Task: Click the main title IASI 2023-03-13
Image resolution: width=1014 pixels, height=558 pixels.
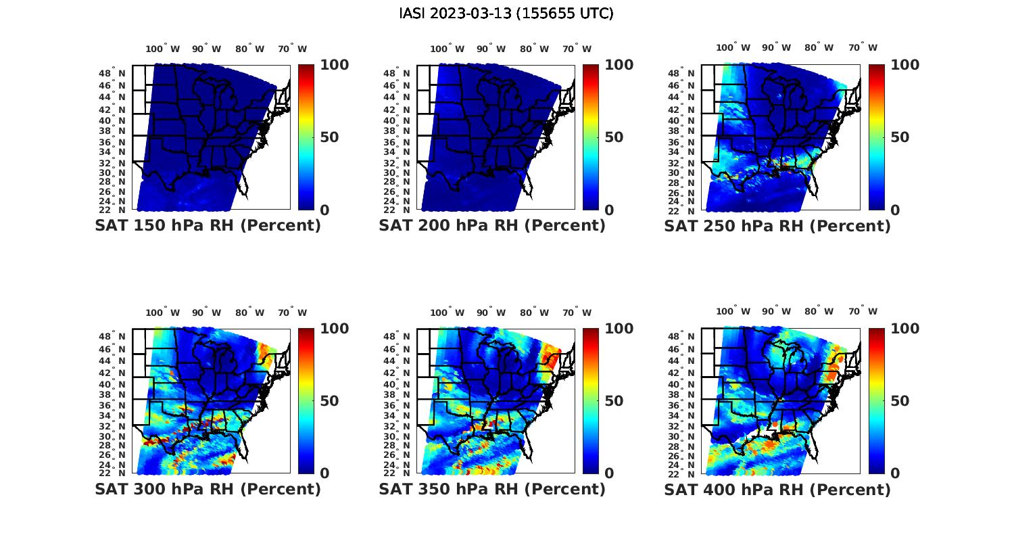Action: click(x=506, y=14)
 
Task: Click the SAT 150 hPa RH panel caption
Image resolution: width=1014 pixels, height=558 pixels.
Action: click(x=208, y=226)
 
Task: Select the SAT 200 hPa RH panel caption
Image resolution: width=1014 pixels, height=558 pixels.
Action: click(x=492, y=226)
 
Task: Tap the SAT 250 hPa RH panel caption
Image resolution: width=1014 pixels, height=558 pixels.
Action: click(x=777, y=226)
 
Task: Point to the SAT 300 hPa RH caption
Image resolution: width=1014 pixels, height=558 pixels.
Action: click(x=208, y=489)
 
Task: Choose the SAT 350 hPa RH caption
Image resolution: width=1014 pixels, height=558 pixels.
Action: click(x=492, y=489)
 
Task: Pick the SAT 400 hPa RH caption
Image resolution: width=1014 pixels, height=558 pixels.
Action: click(x=777, y=489)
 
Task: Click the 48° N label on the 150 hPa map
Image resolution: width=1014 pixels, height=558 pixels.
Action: click(x=112, y=73)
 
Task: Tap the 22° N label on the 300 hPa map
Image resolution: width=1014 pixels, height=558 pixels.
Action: click(x=112, y=473)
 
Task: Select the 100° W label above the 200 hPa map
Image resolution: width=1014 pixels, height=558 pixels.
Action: click(x=447, y=49)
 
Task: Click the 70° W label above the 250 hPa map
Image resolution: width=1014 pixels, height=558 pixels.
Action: click(x=863, y=47)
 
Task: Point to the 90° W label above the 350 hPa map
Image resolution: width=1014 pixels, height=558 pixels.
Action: click(x=491, y=312)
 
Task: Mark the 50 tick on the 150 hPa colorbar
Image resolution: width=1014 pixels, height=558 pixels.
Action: click(x=329, y=137)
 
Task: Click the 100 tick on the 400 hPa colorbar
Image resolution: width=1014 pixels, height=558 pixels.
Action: click(x=905, y=329)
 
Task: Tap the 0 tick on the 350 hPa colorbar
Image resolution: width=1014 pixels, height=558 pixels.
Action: click(x=609, y=473)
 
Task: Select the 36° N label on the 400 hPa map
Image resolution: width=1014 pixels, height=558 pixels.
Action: click(x=681, y=406)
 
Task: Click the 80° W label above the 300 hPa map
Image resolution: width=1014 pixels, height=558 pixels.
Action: click(x=250, y=312)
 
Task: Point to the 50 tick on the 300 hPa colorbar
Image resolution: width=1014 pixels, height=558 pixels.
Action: click(x=329, y=401)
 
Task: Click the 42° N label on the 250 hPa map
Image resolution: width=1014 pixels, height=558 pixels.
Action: click(x=681, y=110)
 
